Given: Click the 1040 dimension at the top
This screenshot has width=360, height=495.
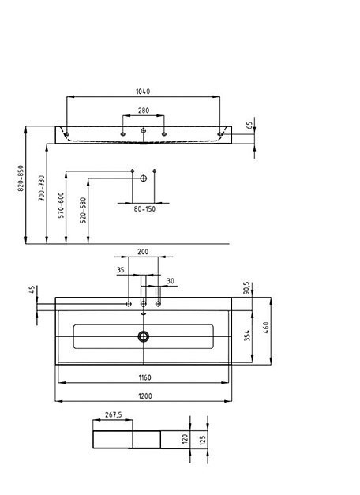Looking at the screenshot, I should pyautogui.click(x=143, y=92).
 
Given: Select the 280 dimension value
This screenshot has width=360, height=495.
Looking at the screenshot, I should pyautogui.click(x=143, y=111).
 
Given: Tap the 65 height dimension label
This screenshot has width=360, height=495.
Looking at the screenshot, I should pyautogui.click(x=249, y=125).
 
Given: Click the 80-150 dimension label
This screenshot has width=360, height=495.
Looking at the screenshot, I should pyautogui.click(x=143, y=208).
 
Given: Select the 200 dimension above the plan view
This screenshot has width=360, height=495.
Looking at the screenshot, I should pyautogui.click(x=143, y=251).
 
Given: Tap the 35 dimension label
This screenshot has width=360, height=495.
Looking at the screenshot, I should pyautogui.click(x=121, y=270).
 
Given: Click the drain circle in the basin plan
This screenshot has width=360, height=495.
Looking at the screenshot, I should pyautogui.click(x=144, y=336).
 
